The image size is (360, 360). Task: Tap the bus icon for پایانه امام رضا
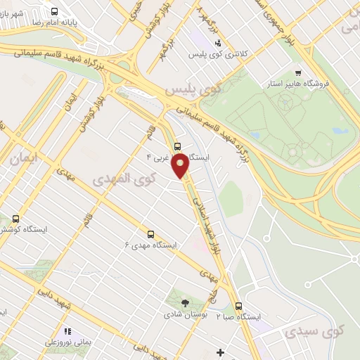(x=55, y=12)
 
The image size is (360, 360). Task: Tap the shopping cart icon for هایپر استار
(x=298, y=73)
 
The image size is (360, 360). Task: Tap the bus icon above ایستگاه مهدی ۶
(x=150, y=234)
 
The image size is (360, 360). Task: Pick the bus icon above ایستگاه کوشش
(x=15, y=219)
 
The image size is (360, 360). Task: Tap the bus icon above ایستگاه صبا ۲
(x=238, y=306)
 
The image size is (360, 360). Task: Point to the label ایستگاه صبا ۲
(x=238, y=317)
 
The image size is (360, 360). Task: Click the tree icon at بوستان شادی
(x=185, y=303)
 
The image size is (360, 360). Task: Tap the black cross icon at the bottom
(x=221, y=352)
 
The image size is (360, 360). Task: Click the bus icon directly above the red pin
(x=176, y=147)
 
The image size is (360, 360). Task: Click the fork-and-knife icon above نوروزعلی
(x=67, y=330)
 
